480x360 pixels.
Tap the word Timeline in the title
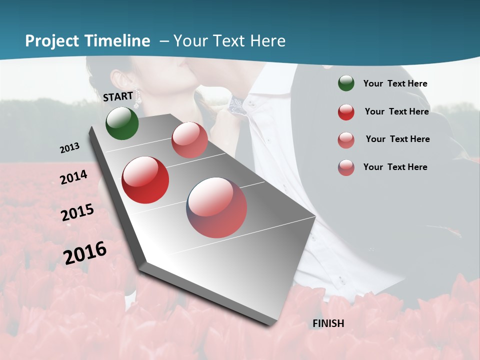(x=118, y=41)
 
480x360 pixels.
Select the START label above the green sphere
(x=118, y=96)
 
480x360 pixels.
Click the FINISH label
(x=328, y=323)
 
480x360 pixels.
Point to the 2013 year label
(x=70, y=148)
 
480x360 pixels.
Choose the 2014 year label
(x=74, y=177)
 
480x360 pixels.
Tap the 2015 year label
(x=77, y=212)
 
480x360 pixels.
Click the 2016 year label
(x=85, y=252)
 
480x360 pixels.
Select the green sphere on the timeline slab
(x=122, y=123)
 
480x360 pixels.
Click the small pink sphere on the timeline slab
(x=189, y=140)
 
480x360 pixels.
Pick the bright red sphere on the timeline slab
(x=145, y=180)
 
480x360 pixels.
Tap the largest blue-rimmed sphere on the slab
(x=216, y=207)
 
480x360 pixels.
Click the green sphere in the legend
(x=346, y=83)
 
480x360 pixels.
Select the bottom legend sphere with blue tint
(x=346, y=167)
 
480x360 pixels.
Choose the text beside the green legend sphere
(x=395, y=83)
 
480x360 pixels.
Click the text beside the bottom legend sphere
(x=395, y=167)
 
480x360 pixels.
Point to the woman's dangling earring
(x=136, y=98)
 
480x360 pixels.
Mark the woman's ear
(x=119, y=79)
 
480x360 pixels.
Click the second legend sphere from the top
(x=346, y=112)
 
